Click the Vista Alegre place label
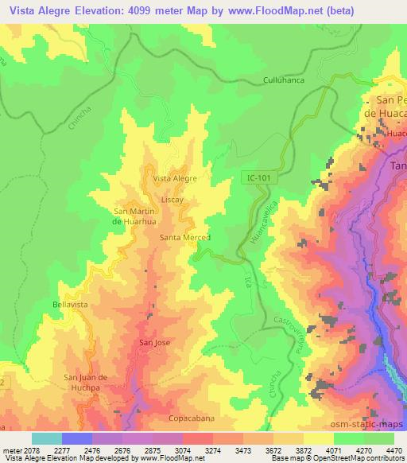[174, 178]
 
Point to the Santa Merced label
[184, 238]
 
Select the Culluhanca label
[284, 80]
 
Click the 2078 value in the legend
[32, 449]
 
